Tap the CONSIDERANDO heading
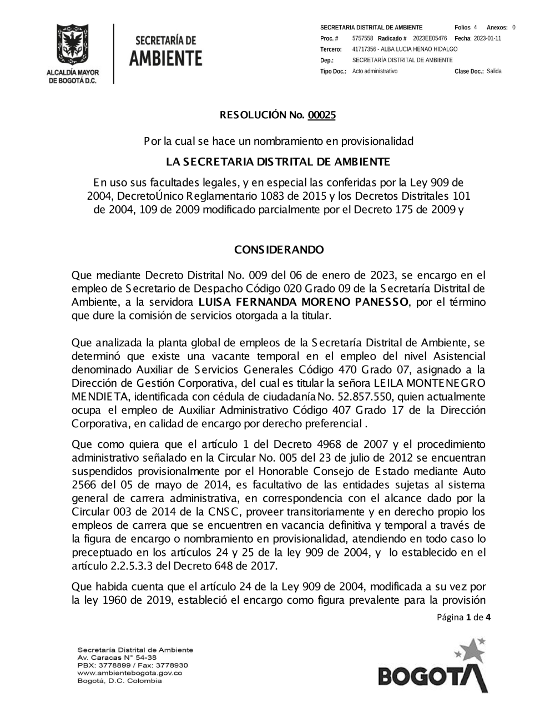(x=279, y=250)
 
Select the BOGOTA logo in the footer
(x=433, y=667)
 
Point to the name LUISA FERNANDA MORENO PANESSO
(x=302, y=302)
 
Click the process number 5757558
(x=362, y=38)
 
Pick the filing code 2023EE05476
(x=430, y=38)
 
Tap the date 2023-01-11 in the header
(x=487, y=38)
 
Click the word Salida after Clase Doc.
(x=494, y=72)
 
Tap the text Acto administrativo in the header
(x=375, y=72)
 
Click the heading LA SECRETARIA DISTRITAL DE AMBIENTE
(x=278, y=162)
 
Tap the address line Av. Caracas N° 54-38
(x=109, y=658)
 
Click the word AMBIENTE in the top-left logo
(x=166, y=58)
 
